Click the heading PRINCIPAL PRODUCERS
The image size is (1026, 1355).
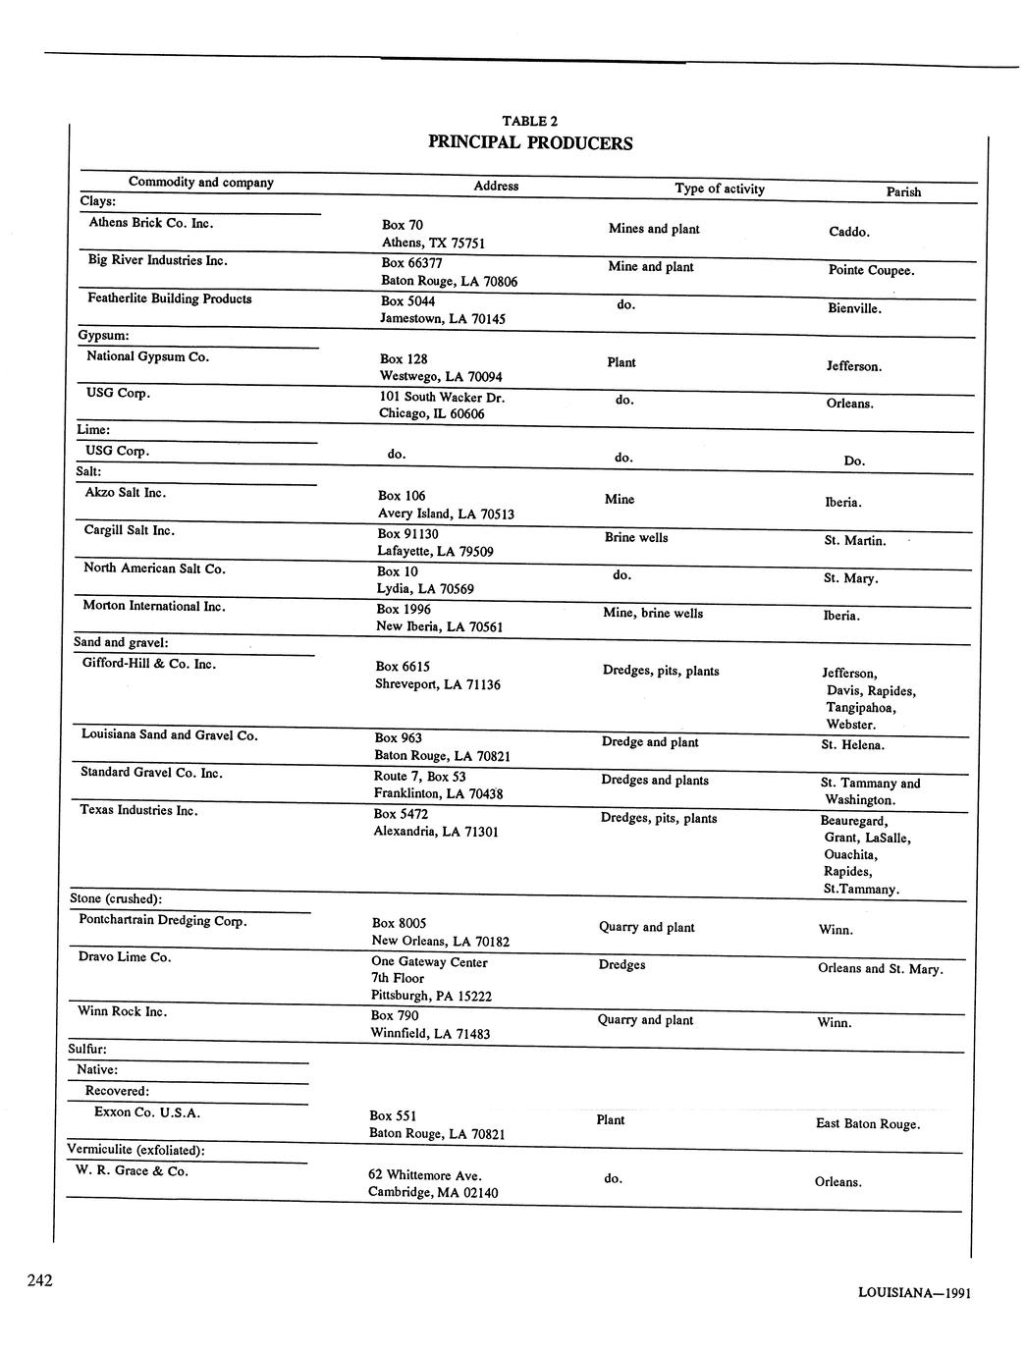[530, 143]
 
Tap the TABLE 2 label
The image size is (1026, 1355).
[529, 122]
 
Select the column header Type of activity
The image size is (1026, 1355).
[719, 189]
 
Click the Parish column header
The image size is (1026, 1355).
[903, 192]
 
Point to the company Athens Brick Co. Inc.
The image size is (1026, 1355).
[151, 223]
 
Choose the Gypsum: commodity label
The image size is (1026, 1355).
[103, 336]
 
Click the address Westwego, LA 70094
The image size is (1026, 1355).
[441, 377]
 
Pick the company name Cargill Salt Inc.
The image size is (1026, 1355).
[130, 530]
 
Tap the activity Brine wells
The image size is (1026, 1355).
[636, 538]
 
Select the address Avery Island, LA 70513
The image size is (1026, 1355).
[446, 514]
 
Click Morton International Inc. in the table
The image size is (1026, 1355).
[154, 606]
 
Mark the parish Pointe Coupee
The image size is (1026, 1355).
[871, 270]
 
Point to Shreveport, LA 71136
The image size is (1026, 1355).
[437, 684]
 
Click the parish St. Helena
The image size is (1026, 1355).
[852, 745]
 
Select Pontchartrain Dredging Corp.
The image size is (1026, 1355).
[163, 921]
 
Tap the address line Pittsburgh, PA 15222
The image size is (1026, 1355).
[431, 996]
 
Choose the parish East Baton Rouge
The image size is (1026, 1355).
[868, 1124]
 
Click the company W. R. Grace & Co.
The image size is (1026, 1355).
[132, 1170]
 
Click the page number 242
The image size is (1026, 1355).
[40, 1279]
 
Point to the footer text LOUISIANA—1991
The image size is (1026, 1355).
[914, 1293]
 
